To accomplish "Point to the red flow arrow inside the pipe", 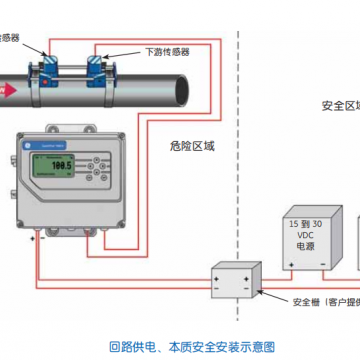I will pos(7,88).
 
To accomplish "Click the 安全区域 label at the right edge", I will pos(340,105).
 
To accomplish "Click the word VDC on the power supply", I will pos(305,237).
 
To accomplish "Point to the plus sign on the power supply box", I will pos(291,264).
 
